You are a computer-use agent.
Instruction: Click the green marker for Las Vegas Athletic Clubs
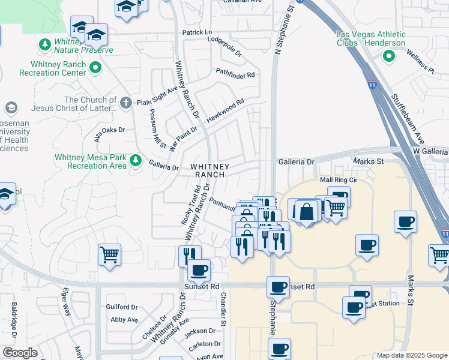coord(388,56)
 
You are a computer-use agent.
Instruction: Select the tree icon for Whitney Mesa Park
coord(136,160)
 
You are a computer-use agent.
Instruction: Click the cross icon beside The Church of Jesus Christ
coord(126,103)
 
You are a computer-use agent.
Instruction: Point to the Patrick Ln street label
coord(197,32)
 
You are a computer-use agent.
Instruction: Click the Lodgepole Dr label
coord(224,47)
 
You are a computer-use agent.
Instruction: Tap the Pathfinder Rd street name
coord(235,75)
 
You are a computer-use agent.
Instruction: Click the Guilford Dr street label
coord(122,307)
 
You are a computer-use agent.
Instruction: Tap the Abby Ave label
coord(124,320)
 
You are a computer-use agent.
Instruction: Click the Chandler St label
coord(222,310)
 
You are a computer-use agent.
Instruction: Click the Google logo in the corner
coord(20,353)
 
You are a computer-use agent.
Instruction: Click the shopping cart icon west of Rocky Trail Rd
coord(109,254)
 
